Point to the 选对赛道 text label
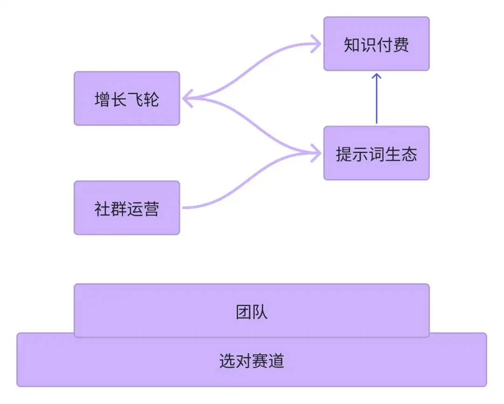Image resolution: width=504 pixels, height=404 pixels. pyautogui.click(x=252, y=361)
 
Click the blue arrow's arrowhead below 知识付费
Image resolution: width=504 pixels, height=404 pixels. pyautogui.click(x=377, y=76)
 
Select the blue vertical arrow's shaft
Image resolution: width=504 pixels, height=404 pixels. pyautogui.click(x=377, y=103)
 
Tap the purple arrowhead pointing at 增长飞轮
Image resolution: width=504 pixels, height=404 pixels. pyautogui.click(x=187, y=99)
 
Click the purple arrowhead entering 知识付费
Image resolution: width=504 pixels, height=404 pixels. pyautogui.click(x=317, y=45)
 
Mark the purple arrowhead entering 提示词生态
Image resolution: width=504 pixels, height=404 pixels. pyautogui.click(x=317, y=153)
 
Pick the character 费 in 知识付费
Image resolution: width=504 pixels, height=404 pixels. pyautogui.click(x=401, y=45)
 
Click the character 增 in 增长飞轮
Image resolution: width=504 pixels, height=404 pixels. pyautogui.click(x=102, y=99)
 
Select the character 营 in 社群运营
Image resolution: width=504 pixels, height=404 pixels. pyautogui.click(x=151, y=209)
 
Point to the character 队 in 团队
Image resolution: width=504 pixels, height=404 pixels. pyautogui.click(x=260, y=312)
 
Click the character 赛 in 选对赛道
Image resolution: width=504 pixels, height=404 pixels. pyautogui.click(x=260, y=361)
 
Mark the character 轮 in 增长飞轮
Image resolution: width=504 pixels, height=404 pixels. pyautogui.click(x=151, y=99)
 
